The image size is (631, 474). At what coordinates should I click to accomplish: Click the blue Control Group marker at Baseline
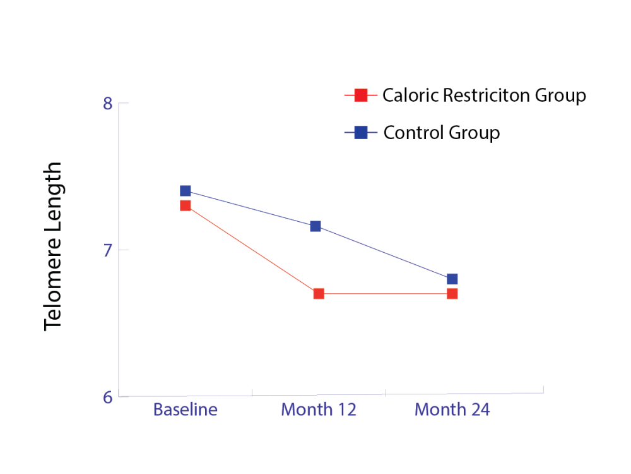click(185, 191)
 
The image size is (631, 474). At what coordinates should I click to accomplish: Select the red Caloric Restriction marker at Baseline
click(185, 205)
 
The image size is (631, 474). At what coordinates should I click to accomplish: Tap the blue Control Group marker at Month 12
click(315, 226)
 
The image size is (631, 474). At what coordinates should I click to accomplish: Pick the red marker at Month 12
click(319, 294)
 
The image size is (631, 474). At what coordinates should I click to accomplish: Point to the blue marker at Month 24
click(452, 279)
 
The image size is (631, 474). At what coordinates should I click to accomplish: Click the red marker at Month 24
click(452, 294)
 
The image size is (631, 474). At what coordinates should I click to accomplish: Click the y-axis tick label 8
click(107, 103)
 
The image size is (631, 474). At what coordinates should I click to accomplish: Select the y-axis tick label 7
click(107, 250)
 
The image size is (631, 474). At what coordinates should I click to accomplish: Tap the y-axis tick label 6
click(107, 398)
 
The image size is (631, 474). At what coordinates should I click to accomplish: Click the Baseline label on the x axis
click(185, 410)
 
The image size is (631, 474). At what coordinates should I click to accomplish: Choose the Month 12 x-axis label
click(319, 410)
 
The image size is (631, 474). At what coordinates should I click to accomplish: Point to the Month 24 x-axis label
click(452, 410)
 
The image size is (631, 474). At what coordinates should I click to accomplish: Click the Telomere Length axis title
click(54, 246)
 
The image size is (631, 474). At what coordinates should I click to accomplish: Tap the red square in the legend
click(361, 95)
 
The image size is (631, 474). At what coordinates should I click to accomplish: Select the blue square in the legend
click(361, 133)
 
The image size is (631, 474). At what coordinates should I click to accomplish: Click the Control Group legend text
click(442, 133)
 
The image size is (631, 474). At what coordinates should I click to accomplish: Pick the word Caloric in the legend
click(410, 95)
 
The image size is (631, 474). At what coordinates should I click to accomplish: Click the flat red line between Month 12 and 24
click(385, 294)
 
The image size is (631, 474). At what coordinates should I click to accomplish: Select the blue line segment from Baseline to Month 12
click(250, 209)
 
